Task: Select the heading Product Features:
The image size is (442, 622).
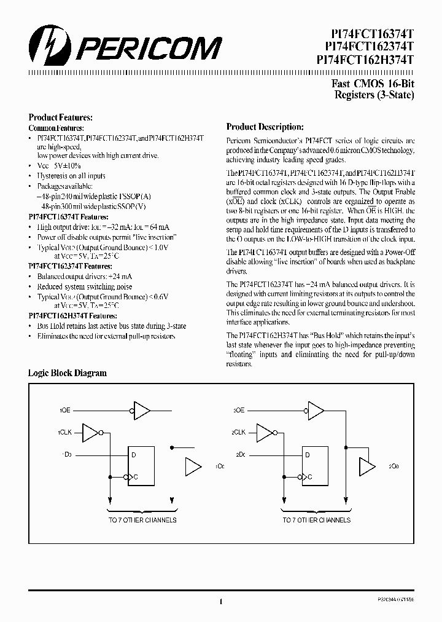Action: point(61,117)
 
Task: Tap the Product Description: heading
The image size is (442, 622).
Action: point(265,127)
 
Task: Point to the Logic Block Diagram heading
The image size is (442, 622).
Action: point(68,373)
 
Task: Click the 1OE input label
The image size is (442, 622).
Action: point(66,409)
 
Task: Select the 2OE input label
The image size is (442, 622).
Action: point(239,409)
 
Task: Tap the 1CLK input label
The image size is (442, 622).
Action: point(66,432)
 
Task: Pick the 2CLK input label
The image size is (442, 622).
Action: point(239,432)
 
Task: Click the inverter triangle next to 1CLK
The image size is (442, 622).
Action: point(90,432)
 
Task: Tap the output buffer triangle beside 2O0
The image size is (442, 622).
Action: point(366,466)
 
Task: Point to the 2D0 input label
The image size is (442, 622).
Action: point(240,454)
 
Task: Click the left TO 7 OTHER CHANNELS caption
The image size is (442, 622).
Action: point(142,520)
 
